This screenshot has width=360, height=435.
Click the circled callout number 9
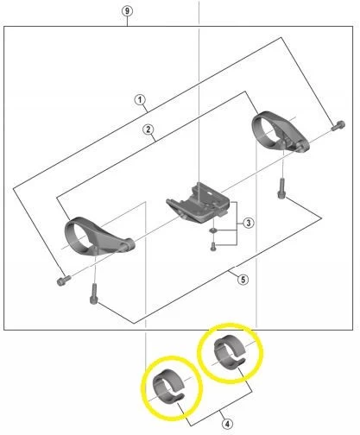(127, 9)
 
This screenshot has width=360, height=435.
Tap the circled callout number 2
(148, 130)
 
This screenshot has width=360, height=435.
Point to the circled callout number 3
(248, 224)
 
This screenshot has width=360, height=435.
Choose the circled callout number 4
(226, 424)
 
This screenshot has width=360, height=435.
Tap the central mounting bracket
(199, 202)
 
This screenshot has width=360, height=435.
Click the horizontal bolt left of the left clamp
(60, 281)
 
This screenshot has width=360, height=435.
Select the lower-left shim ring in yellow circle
(170, 385)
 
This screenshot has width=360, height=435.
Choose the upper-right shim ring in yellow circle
(230, 351)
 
